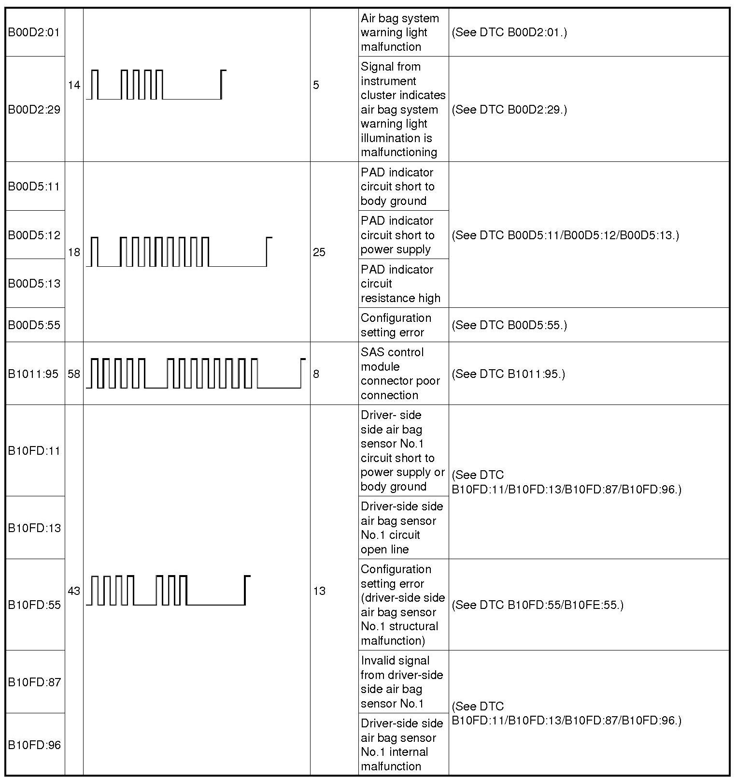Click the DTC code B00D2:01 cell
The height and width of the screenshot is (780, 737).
pyautogui.click(x=34, y=32)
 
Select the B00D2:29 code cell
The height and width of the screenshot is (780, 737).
pyautogui.click(x=34, y=110)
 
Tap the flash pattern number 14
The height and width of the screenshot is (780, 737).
pyautogui.click(x=74, y=86)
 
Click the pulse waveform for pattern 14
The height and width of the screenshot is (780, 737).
pyautogui.click(x=156, y=85)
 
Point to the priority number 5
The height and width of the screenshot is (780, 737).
pyautogui.click(x=316, y=86)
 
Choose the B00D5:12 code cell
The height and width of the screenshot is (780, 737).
pyautogui.click(x=34, y=235)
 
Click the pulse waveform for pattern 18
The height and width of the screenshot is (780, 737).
pyautogui.click(x=179, y=252)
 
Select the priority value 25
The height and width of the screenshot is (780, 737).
pyautogui.click(x=319, y=252)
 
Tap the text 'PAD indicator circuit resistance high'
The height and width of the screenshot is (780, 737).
pyautogui.click(x=400, y=284)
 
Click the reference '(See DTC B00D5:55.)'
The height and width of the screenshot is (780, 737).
pyautogui.click(x=510, y=325)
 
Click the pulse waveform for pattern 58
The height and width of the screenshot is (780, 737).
pyautogui.click(x=196, y=374)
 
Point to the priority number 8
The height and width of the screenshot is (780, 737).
pyautogui.click(x=316, y=374)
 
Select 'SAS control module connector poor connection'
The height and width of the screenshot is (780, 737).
pyautogui.click(x=400, y=374)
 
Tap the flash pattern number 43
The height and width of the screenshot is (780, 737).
pyautogui.click(x=74, y=591)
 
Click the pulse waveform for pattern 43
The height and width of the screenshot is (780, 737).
pyautogui.click(x=168, y=591)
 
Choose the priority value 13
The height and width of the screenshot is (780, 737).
pyautogui.click(x=319, y=591)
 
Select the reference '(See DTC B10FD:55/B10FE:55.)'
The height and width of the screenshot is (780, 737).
pyautogui.click(x=538, y=605)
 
